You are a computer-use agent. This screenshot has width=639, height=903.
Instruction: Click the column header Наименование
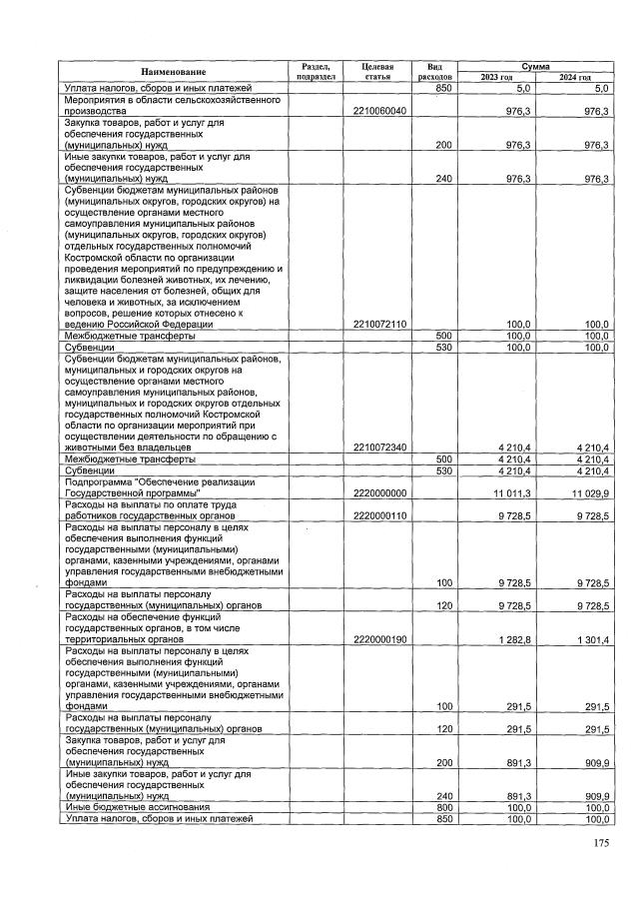[173, 72]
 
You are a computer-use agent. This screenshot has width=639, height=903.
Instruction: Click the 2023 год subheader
[497, 77]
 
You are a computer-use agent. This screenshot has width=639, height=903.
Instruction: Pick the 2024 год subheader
[574, 77]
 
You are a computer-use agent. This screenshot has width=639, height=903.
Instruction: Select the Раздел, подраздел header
[315, 71]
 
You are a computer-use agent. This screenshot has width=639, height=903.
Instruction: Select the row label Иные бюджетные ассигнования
[137, 806]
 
